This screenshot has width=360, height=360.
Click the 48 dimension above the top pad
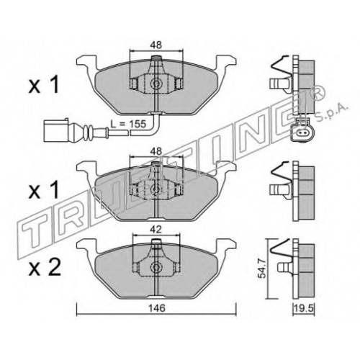coord(156,45)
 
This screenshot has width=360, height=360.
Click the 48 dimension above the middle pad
coord(156,151)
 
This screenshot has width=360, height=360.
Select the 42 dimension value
coord(156,230)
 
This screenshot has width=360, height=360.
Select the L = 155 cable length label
coord(128,124)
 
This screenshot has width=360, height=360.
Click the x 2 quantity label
coord(45,268)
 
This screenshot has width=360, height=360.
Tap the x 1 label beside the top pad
coord(44,86)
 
